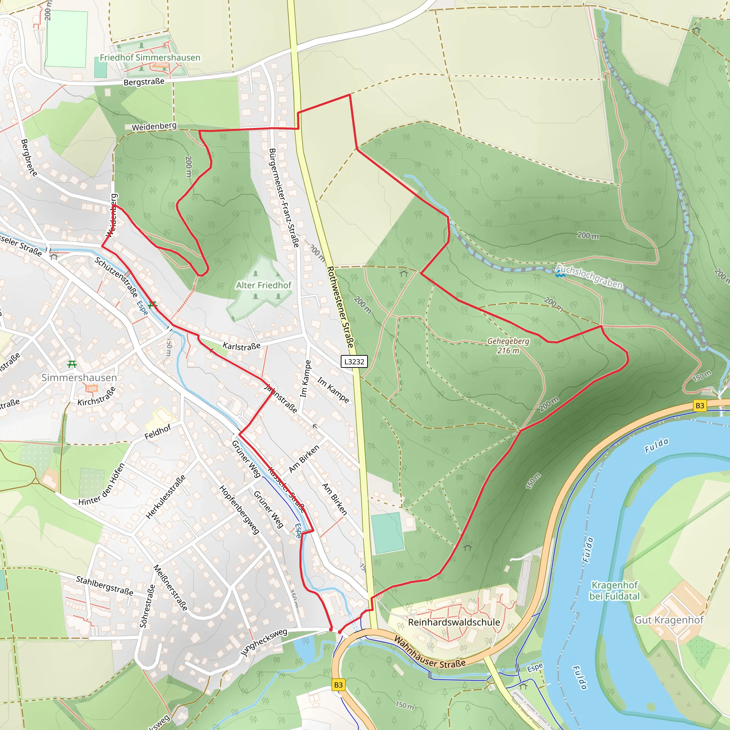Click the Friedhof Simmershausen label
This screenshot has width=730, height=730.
pos(150,57)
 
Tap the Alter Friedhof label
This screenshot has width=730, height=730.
pos(264,285)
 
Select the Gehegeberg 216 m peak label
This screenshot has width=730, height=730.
pos(508,346)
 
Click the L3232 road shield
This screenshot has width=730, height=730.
pos(354,361)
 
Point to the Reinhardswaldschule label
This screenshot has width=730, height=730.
pos(454,622)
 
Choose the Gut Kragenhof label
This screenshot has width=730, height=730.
pos(669,620)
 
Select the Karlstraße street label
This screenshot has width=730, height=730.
pos(241,346)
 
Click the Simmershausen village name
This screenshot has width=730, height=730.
pos(79,377)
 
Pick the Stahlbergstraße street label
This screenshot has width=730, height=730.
pos(105,586)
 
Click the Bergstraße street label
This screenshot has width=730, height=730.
pos(144,82)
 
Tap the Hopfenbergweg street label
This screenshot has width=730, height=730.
pos(239,510)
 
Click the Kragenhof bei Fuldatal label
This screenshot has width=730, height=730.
pos(615,591)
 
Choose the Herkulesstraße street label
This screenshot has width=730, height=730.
pos(166,497)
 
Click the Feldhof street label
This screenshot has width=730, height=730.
pos(158,432)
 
